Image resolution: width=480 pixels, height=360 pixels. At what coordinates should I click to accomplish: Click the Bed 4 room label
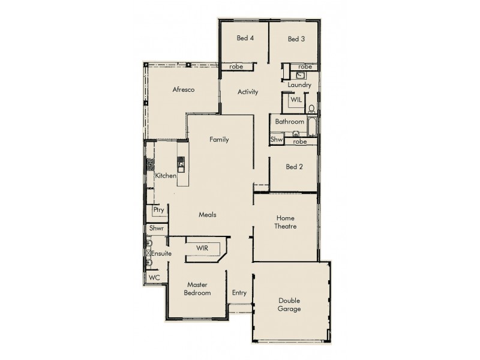coord(245,39)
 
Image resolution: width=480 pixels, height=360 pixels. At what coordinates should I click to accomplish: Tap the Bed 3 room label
coord(296,39)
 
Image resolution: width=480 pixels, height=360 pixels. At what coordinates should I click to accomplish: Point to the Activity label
coord(248,92)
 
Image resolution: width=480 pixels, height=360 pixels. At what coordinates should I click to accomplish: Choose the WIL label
coord(296,100)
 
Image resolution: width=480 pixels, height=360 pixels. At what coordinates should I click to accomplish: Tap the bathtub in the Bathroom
coord(311,126)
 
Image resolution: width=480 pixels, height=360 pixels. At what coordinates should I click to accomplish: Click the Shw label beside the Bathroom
coord(276,139)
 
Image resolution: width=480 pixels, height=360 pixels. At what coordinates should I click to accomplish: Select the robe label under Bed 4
coord(236,67)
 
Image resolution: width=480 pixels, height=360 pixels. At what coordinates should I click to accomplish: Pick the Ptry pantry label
coord(158,210)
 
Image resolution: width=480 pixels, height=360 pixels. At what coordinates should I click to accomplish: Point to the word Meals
coord(208,214)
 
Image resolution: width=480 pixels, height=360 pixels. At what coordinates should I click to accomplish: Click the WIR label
coord(202,248)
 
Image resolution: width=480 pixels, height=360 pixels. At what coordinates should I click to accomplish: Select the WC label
coord(154,277)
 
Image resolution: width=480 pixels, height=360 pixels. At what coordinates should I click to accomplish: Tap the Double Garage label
coord(289,305)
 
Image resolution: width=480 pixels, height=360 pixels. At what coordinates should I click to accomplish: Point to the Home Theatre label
coord(286,222)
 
